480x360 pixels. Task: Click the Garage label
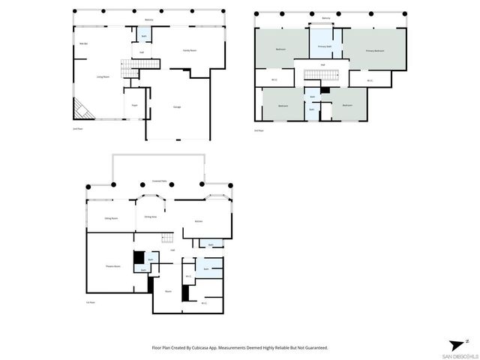(177, 106)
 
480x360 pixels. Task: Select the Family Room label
(190, 50)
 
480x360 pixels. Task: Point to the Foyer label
(135, 106)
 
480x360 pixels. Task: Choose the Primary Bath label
(325, 46)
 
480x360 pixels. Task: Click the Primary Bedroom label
(375, 50)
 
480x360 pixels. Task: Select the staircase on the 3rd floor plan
(313, 74)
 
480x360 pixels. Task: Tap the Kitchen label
(199, 221)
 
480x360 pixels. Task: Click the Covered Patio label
(159, 181)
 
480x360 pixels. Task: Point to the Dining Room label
(112, 218)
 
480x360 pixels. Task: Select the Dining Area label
(151, 218)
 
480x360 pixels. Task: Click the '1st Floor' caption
(90, 302)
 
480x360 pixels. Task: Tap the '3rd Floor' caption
(259, 130)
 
